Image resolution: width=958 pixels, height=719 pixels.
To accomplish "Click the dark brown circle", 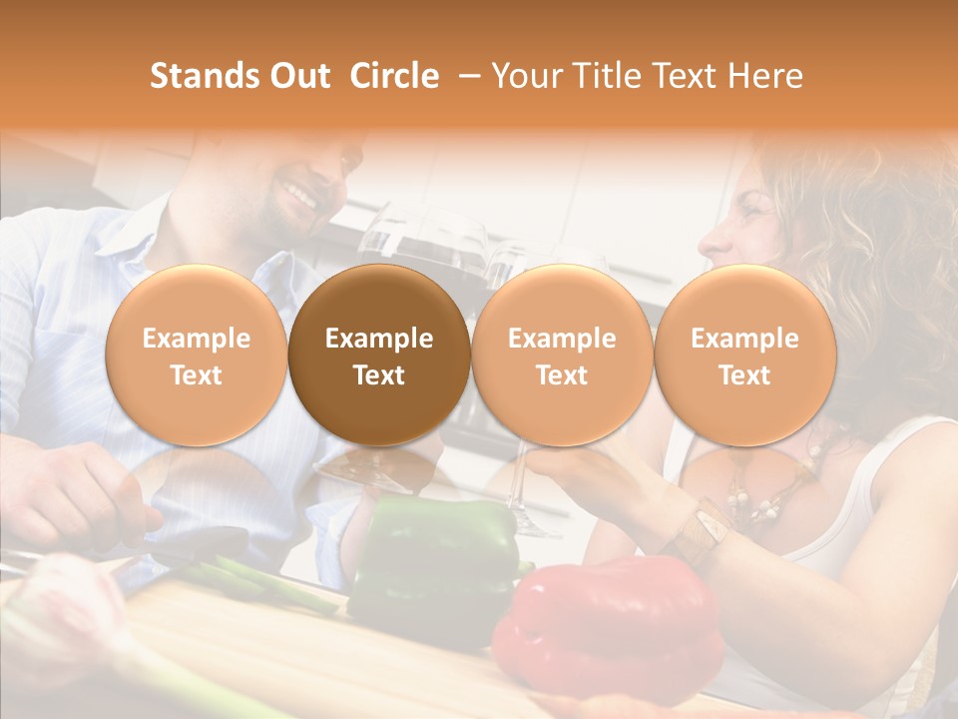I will coord(379,356).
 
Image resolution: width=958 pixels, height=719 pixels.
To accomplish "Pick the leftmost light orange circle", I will coord(197,356).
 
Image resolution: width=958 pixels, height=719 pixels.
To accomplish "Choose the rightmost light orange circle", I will coord(745,356).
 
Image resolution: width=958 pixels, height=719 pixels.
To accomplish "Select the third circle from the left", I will coord(562,356).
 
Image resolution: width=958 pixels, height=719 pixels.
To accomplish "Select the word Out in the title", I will coord(299,76).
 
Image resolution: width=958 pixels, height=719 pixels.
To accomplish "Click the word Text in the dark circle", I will coord(379,375).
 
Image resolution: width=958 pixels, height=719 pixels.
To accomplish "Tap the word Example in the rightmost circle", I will coord(745,339).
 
